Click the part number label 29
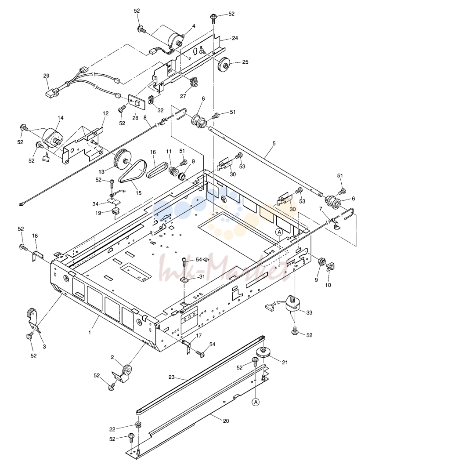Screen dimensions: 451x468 pos(46,76)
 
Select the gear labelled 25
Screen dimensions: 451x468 pos(224,64)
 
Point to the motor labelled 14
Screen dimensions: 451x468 pos(52,138)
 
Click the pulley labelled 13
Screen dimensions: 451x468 pos(123,159)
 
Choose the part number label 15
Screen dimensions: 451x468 pos(139,193)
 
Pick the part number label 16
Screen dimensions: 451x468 pos(153,152)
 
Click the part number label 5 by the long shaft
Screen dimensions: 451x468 pos(274,144)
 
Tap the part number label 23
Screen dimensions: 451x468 pos(171,377)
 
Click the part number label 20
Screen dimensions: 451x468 pos(226,421)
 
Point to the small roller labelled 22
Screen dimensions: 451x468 pos(138,424)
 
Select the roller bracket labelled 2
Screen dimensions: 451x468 pos(123,373)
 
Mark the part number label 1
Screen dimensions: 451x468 pos(90,332)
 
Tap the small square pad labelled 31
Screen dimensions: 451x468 pos(184,280)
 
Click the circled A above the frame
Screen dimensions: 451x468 pos(279,232)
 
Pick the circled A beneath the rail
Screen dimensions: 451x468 pos(256,403)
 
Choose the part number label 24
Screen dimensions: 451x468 pos(235,38)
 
